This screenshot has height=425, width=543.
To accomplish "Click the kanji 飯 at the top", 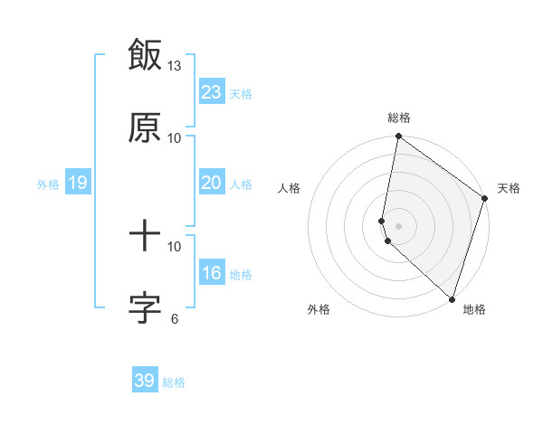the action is [145, 54].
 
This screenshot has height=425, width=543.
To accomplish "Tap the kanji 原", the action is [145, 127].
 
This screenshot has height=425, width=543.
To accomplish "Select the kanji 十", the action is [145, 236].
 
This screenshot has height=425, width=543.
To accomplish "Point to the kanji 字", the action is [145, 308].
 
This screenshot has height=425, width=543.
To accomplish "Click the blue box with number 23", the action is [211, 92].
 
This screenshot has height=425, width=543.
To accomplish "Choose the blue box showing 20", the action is [211, 183].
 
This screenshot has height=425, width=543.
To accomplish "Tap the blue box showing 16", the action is [211, 273].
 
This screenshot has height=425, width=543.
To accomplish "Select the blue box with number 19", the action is [77, 183].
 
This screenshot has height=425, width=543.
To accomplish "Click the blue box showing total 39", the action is [145, 381].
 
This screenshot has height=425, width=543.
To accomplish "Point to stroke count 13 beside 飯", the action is [175, 66].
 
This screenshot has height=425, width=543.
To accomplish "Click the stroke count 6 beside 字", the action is [175, 318].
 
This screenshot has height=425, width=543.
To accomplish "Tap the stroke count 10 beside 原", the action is [175, 138].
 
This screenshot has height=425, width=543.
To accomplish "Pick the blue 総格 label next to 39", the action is [174, 382].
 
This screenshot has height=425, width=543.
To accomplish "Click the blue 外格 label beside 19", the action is [48, 184].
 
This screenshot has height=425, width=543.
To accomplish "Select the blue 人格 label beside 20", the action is [241, 184].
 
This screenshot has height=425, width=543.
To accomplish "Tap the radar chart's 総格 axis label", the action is [399, 118].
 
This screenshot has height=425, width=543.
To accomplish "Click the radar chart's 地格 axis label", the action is [474, 310].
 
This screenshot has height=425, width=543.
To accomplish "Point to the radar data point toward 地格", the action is [452, 299].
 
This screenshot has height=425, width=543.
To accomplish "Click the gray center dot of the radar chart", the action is [398, 226].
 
